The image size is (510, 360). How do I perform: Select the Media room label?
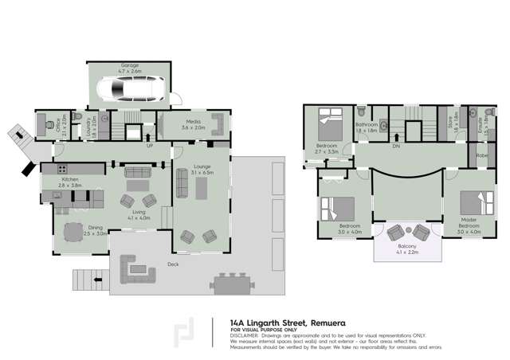point(194,121)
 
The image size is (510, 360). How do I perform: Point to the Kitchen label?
point(70,180)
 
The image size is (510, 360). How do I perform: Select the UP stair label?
point(149,147)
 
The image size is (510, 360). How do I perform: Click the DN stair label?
point(396,147)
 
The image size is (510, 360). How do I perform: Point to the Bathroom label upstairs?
point(367,125)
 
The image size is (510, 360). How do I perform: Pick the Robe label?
point(483,156)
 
